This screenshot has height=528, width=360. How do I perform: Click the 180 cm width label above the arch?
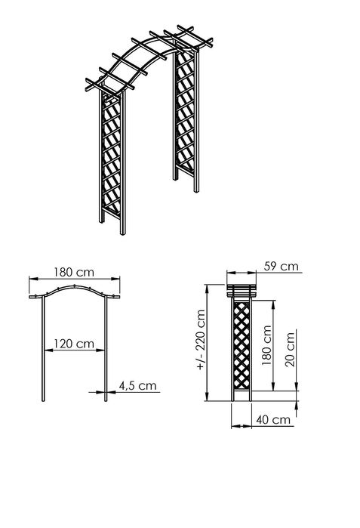tap(73, 271)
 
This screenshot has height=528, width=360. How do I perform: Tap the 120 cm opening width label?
tap(74, 344)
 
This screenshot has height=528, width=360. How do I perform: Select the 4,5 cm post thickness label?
tap(138, 385)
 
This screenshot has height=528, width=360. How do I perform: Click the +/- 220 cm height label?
tap(198, 340)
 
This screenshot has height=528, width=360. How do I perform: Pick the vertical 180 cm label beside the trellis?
tap(266, 345)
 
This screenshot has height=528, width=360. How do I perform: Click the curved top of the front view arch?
tap(74, 291)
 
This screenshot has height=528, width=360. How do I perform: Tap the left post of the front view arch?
tap(37, 355)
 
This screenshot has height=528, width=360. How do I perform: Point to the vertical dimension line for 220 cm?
tap(208, 340)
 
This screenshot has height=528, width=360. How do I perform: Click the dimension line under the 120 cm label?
tap(74, 350)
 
